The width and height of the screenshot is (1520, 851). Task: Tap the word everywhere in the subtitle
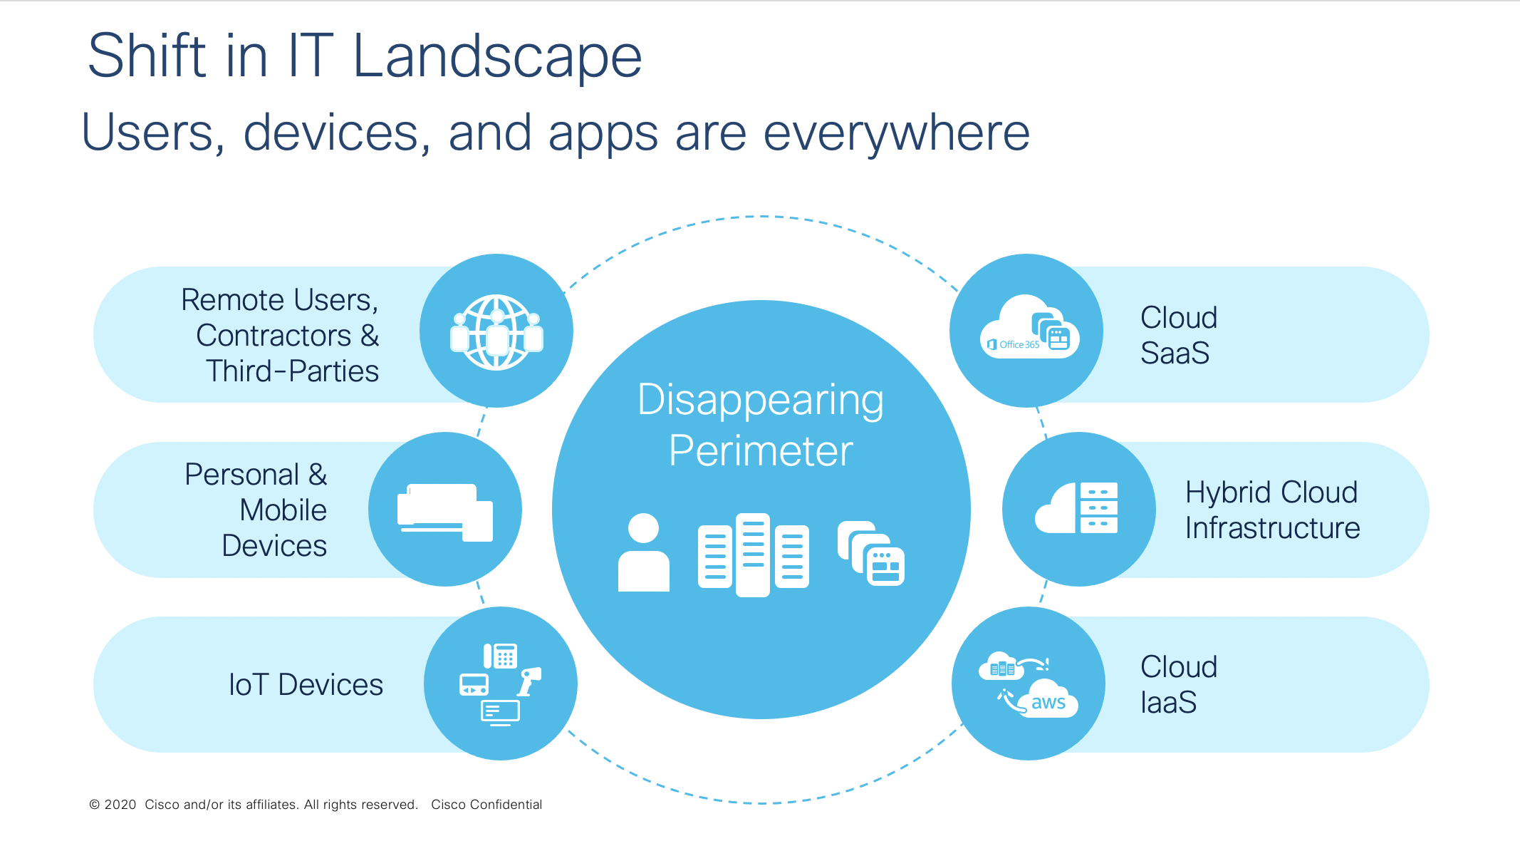tap(897, 133)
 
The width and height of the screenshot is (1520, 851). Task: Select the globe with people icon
tap(496, 332)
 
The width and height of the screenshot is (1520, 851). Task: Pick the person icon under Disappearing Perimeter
tap(644, 552)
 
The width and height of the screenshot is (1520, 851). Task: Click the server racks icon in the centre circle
tap(754, 555)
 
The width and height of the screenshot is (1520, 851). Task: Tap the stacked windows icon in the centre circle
tap(871, 553)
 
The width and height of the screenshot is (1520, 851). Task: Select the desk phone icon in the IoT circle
tap(500, 656)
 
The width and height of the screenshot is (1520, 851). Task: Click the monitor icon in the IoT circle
tap(500, 712)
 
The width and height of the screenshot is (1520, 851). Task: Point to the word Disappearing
tap(760, 401)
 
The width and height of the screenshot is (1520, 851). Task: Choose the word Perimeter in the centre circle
tap(761, 450)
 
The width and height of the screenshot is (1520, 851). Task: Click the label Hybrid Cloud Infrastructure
tap(1272, 510)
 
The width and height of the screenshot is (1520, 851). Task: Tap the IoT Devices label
tap(306, 684)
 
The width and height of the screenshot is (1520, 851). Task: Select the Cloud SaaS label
tap(1178, 335)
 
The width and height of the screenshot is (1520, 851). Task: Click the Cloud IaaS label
tap(1178, 684)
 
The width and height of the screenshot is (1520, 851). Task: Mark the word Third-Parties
tap(292, 371)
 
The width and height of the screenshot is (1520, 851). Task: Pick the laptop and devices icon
tap(445, 512)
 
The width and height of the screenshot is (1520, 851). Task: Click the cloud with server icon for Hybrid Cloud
tap(1076, 507)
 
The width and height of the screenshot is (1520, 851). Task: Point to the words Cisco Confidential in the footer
tap(486, 805)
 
